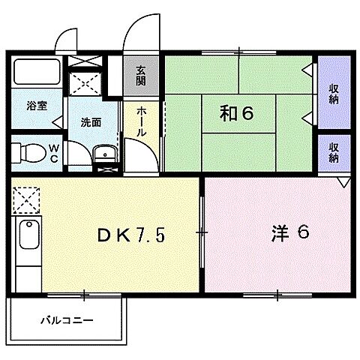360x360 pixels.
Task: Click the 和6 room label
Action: click(x=237, y=113)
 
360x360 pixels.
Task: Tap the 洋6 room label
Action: click(x=289, y=232)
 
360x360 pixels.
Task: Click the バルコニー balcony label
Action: click(x=67, y=320)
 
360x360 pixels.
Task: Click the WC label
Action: click(x=53, y=153)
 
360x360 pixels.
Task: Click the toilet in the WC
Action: click(x=27, y=152)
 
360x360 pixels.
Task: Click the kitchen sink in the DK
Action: click(x=28, y=238)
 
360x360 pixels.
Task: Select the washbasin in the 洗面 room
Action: click(x=106, y=157)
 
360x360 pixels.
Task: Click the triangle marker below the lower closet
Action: click(x=343, y=182)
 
